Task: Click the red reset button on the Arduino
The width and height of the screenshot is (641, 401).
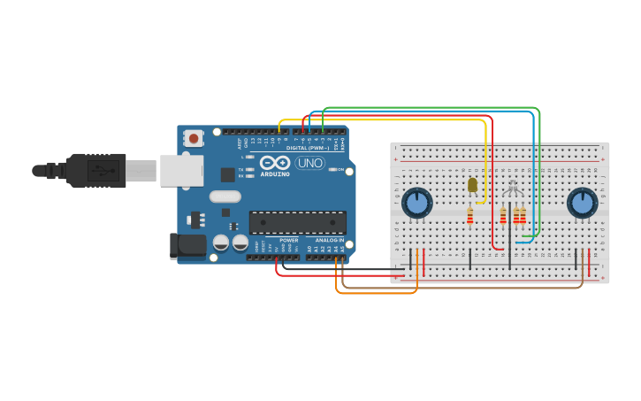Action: tap(193, 138)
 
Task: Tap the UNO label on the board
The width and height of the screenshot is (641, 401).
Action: tap(309, 163)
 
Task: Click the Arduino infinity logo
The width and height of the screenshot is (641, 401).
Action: tap(275, 163)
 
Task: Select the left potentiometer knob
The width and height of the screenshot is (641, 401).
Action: tap(416, 203)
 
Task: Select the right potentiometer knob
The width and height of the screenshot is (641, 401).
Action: tap(581, 203)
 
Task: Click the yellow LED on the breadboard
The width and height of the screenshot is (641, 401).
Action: tap(471, 185)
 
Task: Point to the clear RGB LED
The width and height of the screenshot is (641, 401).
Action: tap(512, 187)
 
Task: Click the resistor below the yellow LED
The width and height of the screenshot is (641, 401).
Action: tap(469, 215)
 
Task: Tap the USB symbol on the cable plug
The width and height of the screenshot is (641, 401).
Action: tap(103, 170)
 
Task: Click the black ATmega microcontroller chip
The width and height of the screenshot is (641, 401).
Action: tap(297, 223)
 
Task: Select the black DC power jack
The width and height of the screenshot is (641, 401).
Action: tap(187, 245)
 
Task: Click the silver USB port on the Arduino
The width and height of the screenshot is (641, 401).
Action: tap(181, 170)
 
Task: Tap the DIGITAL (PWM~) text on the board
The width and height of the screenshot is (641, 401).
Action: tap(307, 148)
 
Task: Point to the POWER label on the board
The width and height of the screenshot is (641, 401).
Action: tap(288, 240)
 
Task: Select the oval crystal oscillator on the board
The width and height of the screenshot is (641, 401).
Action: tap(225, 197)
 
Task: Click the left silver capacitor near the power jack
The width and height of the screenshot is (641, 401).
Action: tap(221, 242)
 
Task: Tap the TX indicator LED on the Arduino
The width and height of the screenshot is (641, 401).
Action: tap(250, 169)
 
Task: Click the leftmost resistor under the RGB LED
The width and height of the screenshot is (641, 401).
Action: tap(503, 215)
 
